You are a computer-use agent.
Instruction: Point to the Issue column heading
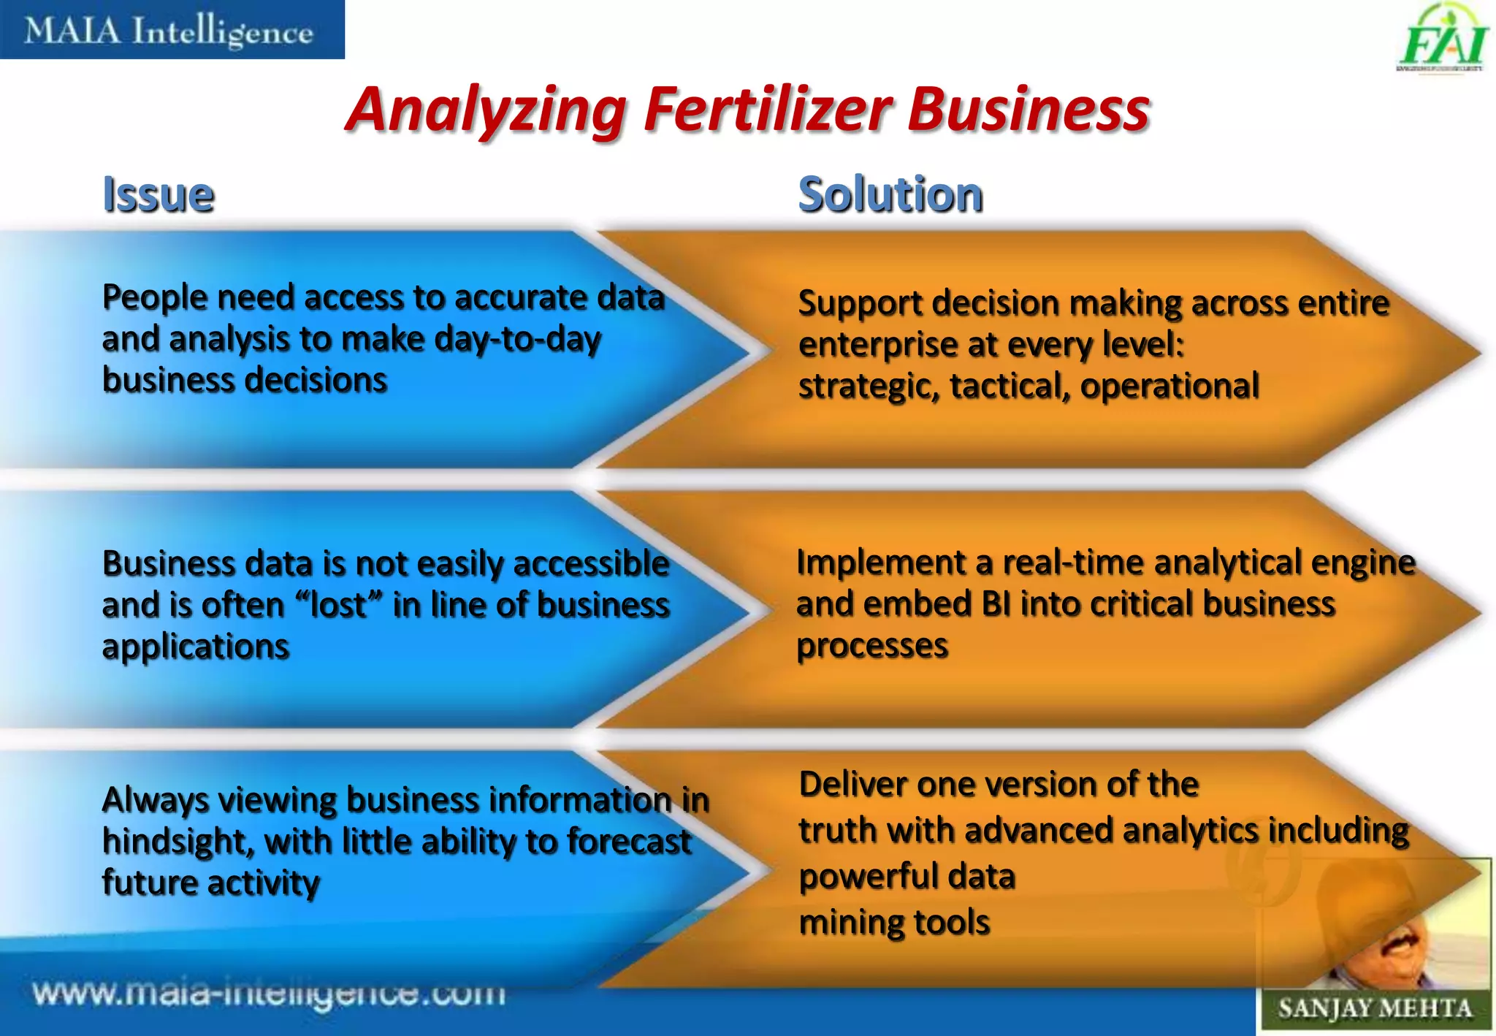pyautogui.click(x=159, y=195)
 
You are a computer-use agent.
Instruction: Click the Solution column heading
pyautogui.click(x=890, y=195)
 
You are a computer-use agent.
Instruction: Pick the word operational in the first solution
pyautogui.click(x=1169, y=386)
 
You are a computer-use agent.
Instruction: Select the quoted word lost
pyautogui.click(x=338, y=606)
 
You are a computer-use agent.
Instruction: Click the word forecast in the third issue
pyautogui.click(x=629, y=842)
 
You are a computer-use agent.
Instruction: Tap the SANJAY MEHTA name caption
pyautogui.click(x=1374, y=1009)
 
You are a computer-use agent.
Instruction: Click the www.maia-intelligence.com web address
pyautogui.click(x=269, y=994)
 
